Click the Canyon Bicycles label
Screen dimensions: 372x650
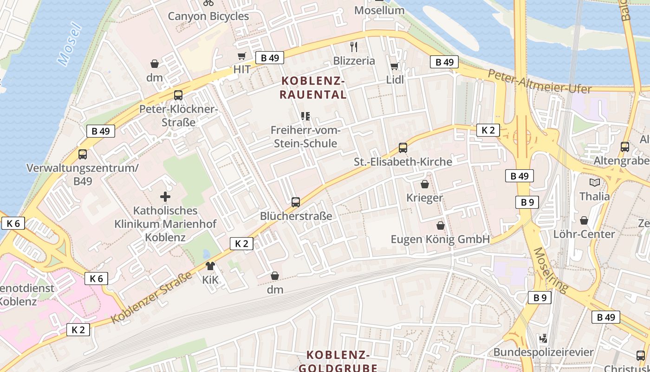click(208, 16)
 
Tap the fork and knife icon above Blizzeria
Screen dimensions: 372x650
click(354, 46)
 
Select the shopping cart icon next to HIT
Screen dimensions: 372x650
click(241, 56)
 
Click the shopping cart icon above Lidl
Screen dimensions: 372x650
click(394, 66)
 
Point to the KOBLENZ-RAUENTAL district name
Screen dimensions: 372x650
click(313, 88)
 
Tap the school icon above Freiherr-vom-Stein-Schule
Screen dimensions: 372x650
click(305, 116)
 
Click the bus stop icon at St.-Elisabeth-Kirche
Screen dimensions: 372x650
click(403, 148)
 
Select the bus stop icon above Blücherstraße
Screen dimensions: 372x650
click(296, 202)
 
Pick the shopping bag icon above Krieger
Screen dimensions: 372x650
click(424, 184)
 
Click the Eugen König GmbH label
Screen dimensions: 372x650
click(440, 239)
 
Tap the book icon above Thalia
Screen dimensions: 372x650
click(594, 182)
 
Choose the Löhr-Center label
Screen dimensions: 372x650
click(584, 234)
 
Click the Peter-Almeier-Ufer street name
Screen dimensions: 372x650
click(539, 81)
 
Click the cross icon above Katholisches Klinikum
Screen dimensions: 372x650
click(165, 197)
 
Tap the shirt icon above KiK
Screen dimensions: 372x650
click(210, 266)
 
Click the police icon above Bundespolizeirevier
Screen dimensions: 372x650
click(543, 338)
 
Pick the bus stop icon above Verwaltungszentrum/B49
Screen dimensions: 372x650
click(83, 154)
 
